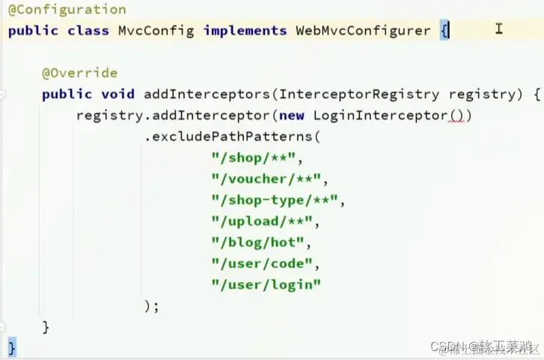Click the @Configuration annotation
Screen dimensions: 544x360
click(67, 10)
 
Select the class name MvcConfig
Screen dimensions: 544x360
click(156, 31)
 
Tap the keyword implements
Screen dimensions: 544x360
click(245, 31)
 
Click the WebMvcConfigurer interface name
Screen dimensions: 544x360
click(363, 31)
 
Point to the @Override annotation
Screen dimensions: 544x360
click(80, 73)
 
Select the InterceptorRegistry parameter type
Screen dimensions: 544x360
click(358, 94)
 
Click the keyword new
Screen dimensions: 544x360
click(292, 115)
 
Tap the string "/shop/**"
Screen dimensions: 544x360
click(254, 157)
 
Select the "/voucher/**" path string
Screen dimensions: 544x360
click(267, 179)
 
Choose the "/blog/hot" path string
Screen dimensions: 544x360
click(258, 242)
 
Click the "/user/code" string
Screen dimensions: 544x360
click(263, 263)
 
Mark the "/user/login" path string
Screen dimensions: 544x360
click(266, 284)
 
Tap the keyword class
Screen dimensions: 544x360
click(88, 31)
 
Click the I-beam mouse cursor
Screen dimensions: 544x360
click(498, 29)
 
